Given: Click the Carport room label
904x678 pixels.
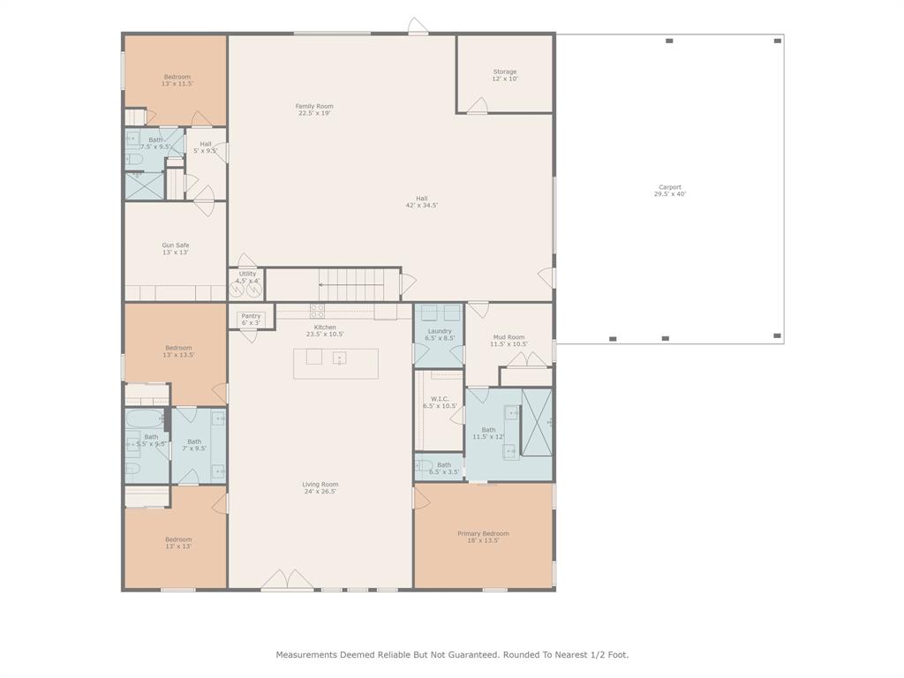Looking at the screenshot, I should point(669,191).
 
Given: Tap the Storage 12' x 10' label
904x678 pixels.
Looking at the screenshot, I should point(505,75).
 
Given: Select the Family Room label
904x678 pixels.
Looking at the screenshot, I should point(314,109).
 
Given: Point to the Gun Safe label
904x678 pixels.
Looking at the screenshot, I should point(175,249).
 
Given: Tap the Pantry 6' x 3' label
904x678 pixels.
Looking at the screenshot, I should point(251,319).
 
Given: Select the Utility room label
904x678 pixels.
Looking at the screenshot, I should point(247,277).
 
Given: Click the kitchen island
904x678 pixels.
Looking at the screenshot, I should point(335,363).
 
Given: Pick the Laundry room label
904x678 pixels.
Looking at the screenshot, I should point(440,334).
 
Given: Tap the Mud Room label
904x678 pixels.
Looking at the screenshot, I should point(508,341).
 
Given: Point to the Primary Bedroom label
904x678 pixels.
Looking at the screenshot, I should point(483,537).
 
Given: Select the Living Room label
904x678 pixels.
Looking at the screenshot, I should point(320,487).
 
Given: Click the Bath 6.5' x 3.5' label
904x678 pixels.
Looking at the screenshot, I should point(443,468).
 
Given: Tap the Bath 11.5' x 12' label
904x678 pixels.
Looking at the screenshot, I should point(488,433).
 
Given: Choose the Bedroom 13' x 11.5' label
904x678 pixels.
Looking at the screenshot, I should point(177,80).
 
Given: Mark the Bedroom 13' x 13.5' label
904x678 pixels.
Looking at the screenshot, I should point(177,351).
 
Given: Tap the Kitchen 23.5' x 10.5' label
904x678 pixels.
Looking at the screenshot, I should point(324,330).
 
